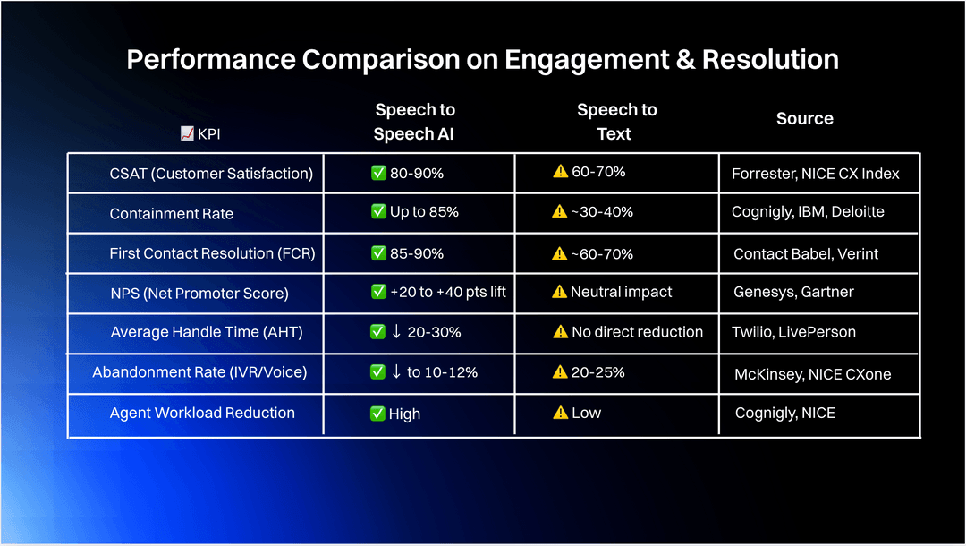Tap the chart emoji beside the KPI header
click(x=187, y=133)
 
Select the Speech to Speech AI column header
click(x=415, y=122)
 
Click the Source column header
click(x=804, y=118)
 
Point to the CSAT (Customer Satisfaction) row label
click(x=211, y=174)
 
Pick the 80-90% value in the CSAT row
click(x=417, y=173)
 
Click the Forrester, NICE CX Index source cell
click(x=815, y=174)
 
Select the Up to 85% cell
click(x=424, y=212)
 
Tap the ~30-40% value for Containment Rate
click(x=602, y=212)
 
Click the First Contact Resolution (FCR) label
click(x=211, y=253)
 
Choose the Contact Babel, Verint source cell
click(x=806, y=254)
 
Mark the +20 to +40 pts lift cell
click(x=448, y=292)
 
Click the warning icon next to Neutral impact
click(x=560, y=292)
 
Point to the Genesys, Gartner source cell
click(x=793, y=292)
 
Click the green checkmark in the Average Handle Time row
click(x=378, y=332)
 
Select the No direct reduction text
click(x=637, y=332)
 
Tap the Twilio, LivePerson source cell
click(x=794, y=332)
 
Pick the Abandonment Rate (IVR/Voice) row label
click(x=199, y=371)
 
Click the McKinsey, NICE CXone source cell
click(x=812, y=374)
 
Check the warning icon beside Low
click(x=561, y=413)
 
